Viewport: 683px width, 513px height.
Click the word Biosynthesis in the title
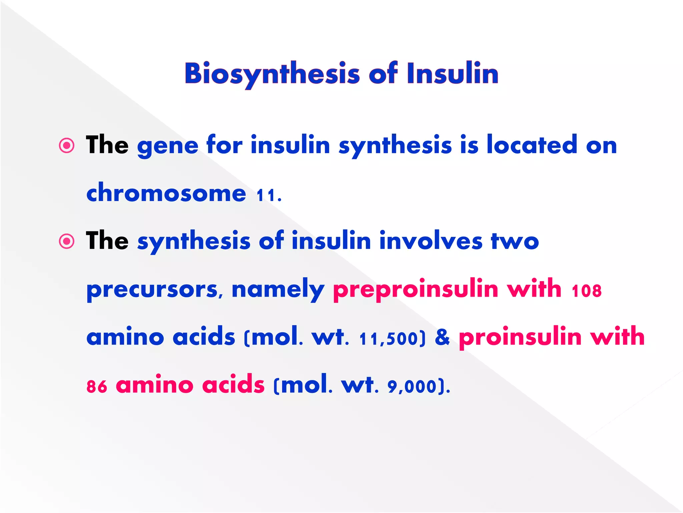point(272,73)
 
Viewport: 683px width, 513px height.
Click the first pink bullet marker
point(67,146)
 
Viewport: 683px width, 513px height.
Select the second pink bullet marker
point(67,241)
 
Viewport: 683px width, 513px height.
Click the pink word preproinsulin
point(416,289)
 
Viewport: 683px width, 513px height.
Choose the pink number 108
point(587,291)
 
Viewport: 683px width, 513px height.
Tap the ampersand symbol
point(442,337)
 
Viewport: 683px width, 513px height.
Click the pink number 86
point(97,387)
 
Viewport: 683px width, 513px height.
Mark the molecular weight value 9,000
point(412,387)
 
